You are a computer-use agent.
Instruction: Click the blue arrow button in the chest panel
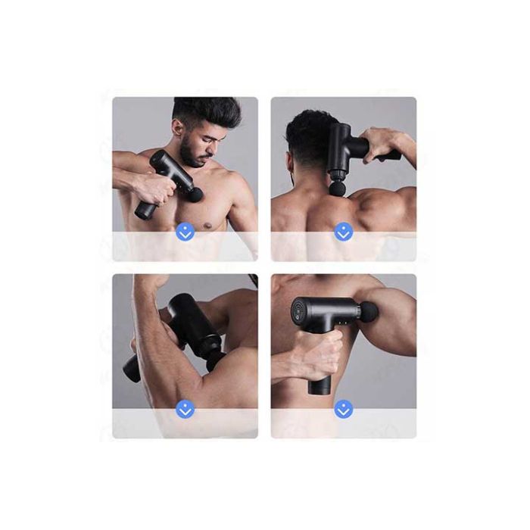185,232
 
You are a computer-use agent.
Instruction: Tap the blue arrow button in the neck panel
344,232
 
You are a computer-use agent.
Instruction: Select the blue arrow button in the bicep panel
185,409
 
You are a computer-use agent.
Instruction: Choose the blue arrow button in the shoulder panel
344,409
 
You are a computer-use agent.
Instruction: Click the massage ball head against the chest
195,195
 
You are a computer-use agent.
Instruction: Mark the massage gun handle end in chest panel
142,211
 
